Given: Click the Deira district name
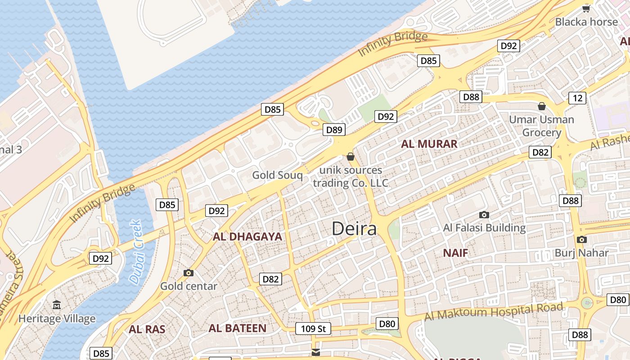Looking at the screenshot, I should (x=354, y=229).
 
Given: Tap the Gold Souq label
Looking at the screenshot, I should (x=277, y=175).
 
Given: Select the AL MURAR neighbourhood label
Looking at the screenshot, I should (x=429, y=144).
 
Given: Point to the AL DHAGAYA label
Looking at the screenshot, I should (x=247, y=237).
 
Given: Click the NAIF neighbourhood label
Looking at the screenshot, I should (x=455, y=253).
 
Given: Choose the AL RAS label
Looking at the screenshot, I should (x=147, y=329).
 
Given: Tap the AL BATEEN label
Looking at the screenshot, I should (x=237, y=328).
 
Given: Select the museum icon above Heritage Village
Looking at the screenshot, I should (x=57, y=306).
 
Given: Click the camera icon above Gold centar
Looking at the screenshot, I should (x=189, y=273).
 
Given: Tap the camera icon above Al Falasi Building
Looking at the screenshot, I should (x=484, y=215).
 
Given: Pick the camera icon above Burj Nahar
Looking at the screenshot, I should (x=581, y=239).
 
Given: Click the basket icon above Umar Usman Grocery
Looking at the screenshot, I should (x=542, y=106).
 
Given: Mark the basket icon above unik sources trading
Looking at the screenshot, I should (x=350, y=157).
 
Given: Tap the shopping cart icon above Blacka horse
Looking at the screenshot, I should (x=586, y=9).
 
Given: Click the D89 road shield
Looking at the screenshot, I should (x=334, y=130).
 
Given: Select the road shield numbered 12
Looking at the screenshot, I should (x=577, y=98).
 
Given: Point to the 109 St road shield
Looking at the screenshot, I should (x=313, y=328).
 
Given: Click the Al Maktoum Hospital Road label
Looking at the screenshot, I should (x=494, y=312).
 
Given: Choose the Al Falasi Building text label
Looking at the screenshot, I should (x=484, y=228).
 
